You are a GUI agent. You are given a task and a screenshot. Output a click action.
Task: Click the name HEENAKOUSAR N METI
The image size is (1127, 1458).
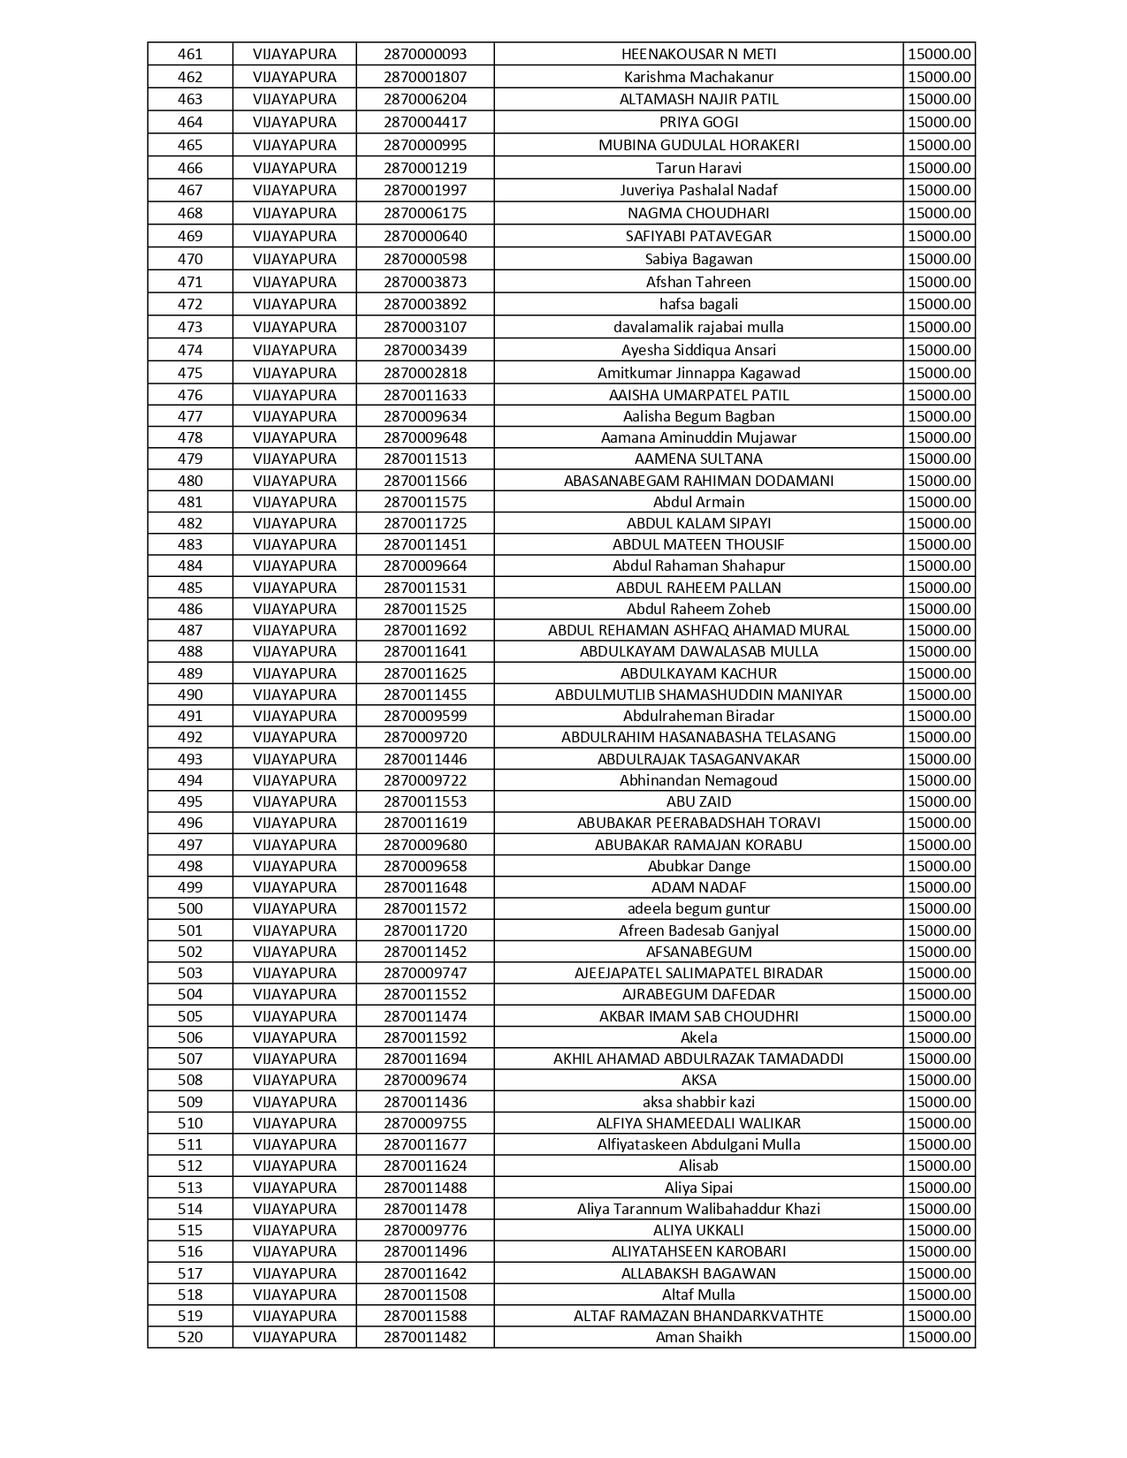click(x=698, y=54)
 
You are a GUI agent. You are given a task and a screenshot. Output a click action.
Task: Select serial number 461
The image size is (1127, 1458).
click(x=190, y=54)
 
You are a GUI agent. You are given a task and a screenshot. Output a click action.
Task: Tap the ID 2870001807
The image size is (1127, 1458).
click(x=425, y=77)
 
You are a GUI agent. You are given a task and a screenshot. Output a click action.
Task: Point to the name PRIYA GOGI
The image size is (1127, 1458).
click(x=698, y=122)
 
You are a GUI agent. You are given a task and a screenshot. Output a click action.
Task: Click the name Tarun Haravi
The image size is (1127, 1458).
click(x=698, y=168)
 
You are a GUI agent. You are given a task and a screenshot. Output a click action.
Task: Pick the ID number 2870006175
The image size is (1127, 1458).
click(x=425, y=213)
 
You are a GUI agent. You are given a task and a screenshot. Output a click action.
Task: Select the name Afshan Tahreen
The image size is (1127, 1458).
click(x=698, y=282)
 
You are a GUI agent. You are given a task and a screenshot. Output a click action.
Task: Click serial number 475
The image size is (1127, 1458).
click(x=190, y=373)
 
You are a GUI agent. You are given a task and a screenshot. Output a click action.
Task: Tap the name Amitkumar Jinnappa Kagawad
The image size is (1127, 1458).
click(x=698, y=373)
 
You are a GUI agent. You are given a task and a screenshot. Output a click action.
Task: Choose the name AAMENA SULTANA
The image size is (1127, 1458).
click(x=698, y=459)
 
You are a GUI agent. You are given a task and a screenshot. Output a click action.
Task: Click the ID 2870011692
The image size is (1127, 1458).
click(x=425, y=630)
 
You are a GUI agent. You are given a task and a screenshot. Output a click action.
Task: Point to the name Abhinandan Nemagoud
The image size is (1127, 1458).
click(x=698, y=780)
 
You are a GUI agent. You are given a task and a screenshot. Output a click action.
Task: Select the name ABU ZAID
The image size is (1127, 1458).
click(x=698, y=801)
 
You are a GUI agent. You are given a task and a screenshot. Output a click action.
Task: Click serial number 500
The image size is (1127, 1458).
click(x=190, y=908)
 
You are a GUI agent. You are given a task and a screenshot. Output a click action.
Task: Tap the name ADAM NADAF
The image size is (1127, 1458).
click(x=698, y=887)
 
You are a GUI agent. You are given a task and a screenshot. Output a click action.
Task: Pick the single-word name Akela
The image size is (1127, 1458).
click(x=698, y=1037)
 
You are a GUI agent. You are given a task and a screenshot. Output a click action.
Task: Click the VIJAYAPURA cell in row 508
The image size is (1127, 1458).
click(x=294, y=1080)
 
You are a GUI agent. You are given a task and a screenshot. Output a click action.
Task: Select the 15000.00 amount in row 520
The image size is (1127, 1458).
click(x=939, y=1337)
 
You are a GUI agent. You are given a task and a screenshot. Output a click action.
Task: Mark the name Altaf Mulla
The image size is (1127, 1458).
click(x=698, y=1295)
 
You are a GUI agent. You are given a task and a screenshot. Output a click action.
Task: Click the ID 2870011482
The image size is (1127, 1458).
click(x=425, y=1337)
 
